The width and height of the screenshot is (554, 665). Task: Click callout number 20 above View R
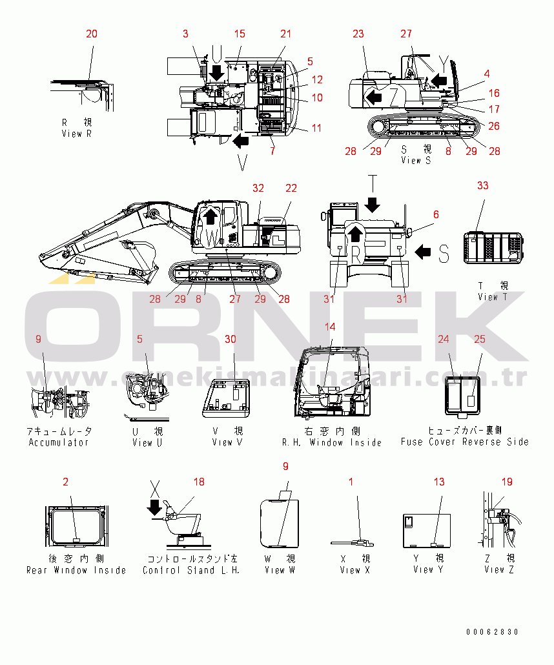(92, 34)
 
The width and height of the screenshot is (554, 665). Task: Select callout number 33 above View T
(483, 185)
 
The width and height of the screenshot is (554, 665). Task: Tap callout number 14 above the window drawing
(331, 327)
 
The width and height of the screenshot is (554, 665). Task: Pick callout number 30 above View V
(231, 338)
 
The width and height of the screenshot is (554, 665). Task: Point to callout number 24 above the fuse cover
(444, 338)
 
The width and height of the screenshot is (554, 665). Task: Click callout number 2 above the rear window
(65, 481)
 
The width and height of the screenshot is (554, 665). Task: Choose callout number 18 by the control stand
(199, 481)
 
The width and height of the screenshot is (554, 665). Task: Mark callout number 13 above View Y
(439, 481)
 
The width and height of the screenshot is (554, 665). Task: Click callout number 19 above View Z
(507, 481)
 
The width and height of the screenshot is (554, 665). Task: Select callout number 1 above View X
(351, 481)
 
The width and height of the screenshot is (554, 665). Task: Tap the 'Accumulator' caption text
(59, 442)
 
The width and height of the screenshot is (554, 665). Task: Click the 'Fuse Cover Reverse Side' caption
(464, 442)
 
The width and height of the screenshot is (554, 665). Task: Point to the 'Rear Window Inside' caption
(76, 570)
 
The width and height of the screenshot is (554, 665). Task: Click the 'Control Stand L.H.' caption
(190, 570)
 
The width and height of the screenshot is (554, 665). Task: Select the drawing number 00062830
(493, 632)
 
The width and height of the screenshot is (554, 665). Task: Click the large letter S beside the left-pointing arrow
(444, 253)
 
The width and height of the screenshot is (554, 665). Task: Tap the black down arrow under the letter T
(372, 205)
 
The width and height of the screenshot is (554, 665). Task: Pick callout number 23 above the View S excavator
(358, 34)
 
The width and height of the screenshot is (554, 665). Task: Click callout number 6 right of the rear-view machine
(436, 214)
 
